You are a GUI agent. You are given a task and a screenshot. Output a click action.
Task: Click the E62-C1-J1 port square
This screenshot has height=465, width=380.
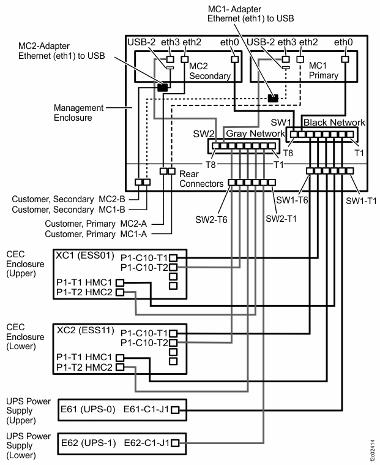click(x=174, y=441)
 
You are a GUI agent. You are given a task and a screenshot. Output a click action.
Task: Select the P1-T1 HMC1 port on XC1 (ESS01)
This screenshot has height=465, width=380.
click(x=120, y=282)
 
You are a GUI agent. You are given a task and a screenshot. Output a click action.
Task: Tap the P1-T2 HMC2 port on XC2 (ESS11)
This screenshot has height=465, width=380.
click(x=120, y=367)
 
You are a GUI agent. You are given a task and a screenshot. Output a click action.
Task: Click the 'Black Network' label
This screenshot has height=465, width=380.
click(x=333, y=122)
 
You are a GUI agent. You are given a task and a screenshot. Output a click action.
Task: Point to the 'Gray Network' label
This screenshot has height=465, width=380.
click(x=256, y=134)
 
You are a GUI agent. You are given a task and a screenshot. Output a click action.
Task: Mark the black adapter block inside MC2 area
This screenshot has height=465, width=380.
click(x=162, y=88)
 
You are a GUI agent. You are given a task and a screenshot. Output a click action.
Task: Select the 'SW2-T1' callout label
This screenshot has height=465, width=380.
click(x=280, y=218)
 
